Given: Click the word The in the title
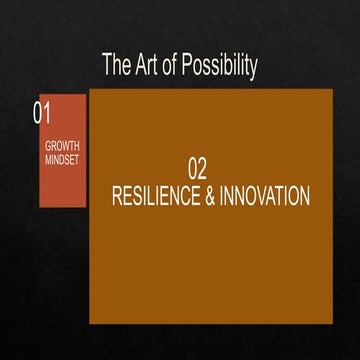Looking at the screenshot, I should point(117,66).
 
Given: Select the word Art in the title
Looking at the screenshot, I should point(147,66).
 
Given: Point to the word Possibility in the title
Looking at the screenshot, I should point(221,67).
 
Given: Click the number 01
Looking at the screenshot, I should point(42,113).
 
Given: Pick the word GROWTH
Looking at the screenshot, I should point(62,146).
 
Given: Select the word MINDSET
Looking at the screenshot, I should point(62,159).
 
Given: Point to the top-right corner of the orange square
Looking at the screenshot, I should point(332,90).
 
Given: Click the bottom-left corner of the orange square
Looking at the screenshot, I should point(90,323).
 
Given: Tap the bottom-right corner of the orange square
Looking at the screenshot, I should point(332,323).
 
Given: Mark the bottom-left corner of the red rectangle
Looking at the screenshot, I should point(40,206).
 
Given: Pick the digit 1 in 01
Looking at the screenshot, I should point(46,113).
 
